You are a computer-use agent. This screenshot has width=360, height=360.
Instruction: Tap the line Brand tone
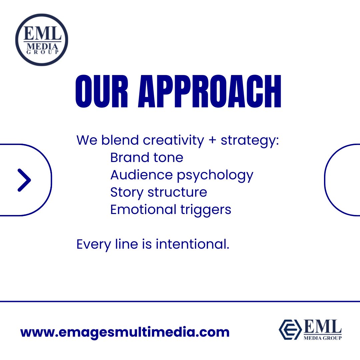click(147, 157)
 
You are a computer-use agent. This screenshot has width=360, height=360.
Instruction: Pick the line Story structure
click(159, 192)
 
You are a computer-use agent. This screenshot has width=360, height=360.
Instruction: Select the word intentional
click(192, 244)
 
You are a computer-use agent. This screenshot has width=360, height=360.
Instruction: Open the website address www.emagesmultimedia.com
click(125, 332)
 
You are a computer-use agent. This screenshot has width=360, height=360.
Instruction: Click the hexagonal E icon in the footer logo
click(289, 329)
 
